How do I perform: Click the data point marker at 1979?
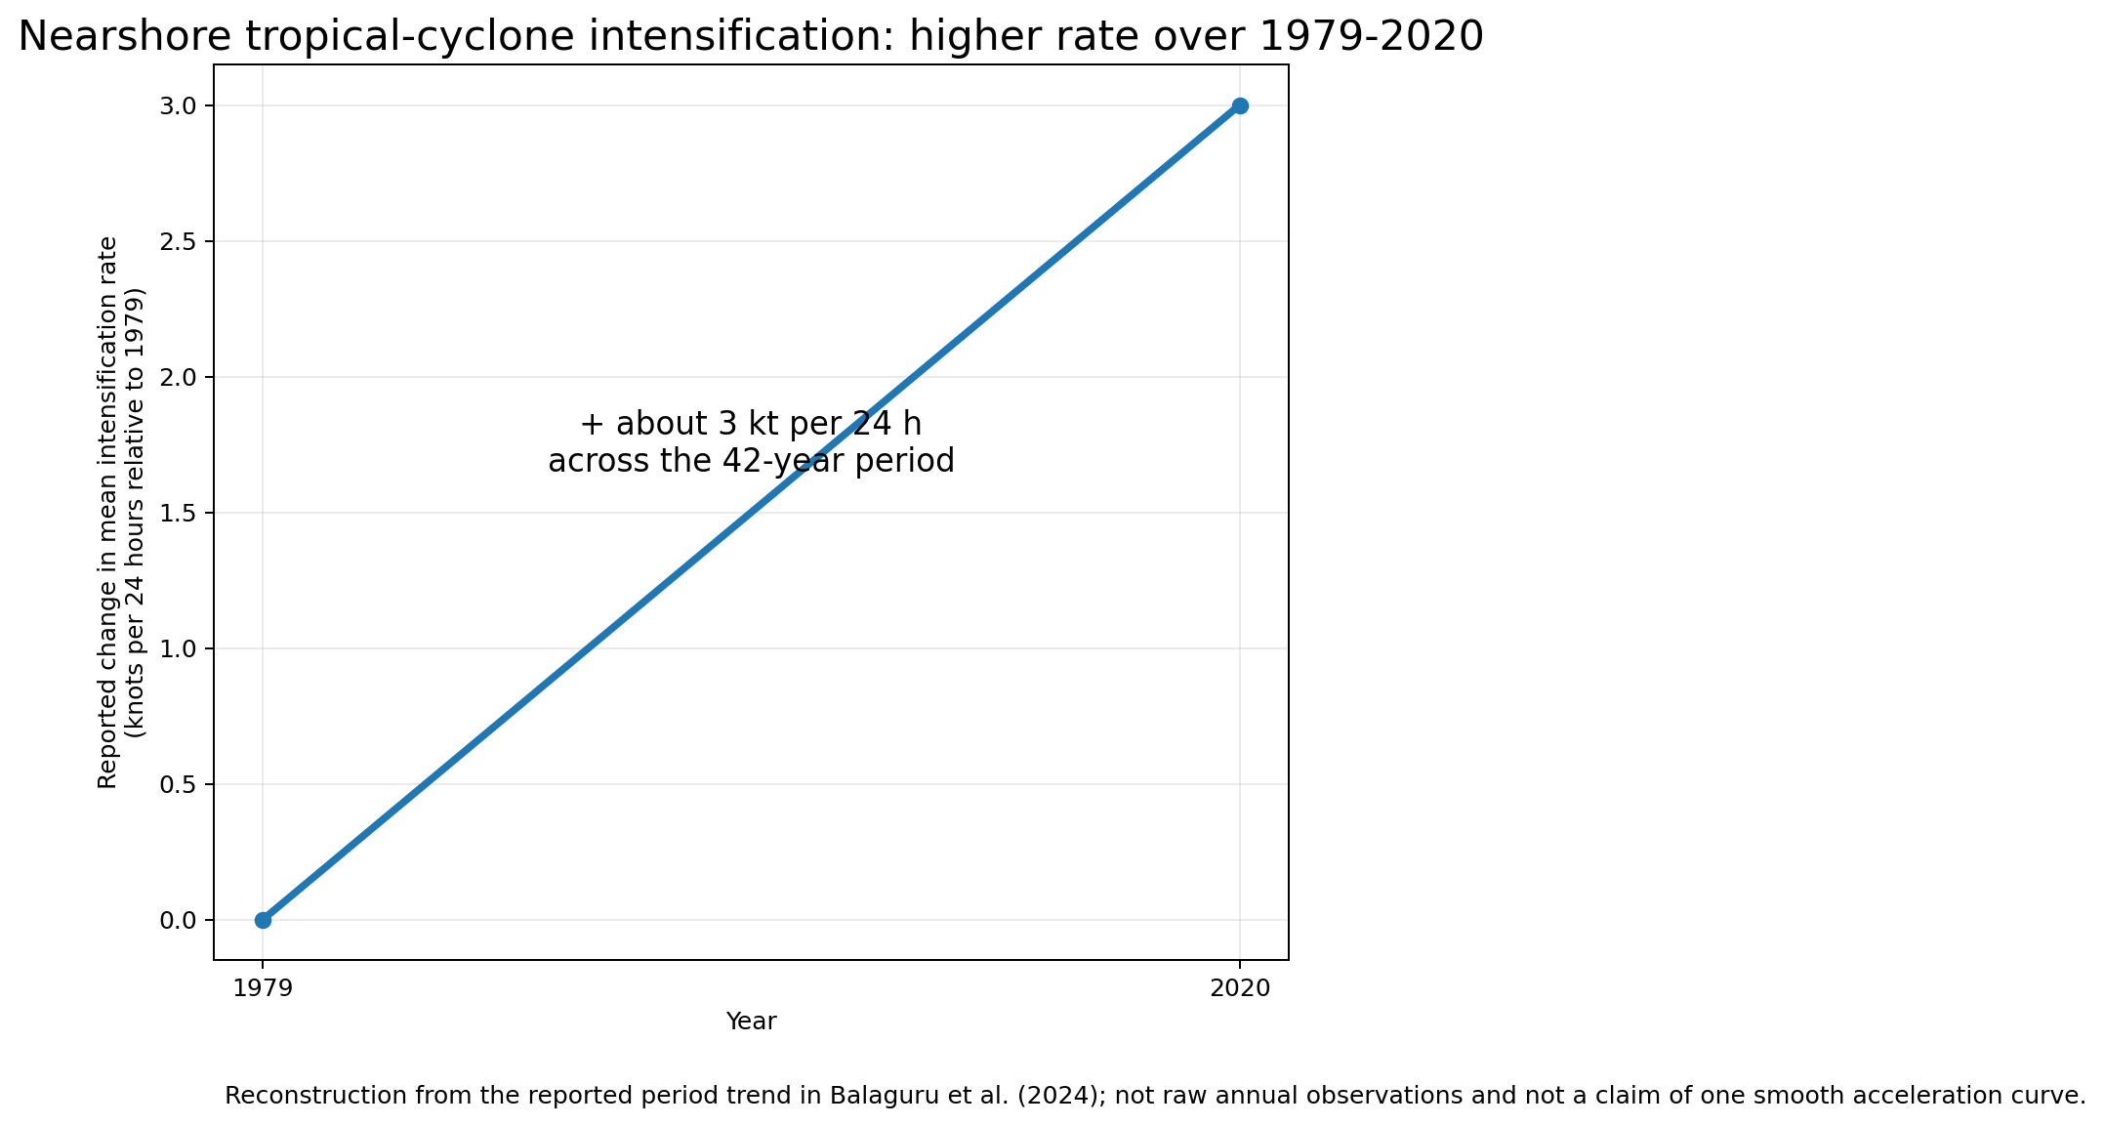tap(263, 920)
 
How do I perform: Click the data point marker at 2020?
tap(1240, 105)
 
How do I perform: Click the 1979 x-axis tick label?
tap(263, 989)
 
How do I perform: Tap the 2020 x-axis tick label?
tap(1240, 989)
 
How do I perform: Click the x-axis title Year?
tap(751, 1022)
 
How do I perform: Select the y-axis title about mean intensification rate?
tap(122, 512)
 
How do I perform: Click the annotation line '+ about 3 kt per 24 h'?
tap(751, 425)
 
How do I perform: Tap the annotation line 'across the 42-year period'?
tap(751, 461)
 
